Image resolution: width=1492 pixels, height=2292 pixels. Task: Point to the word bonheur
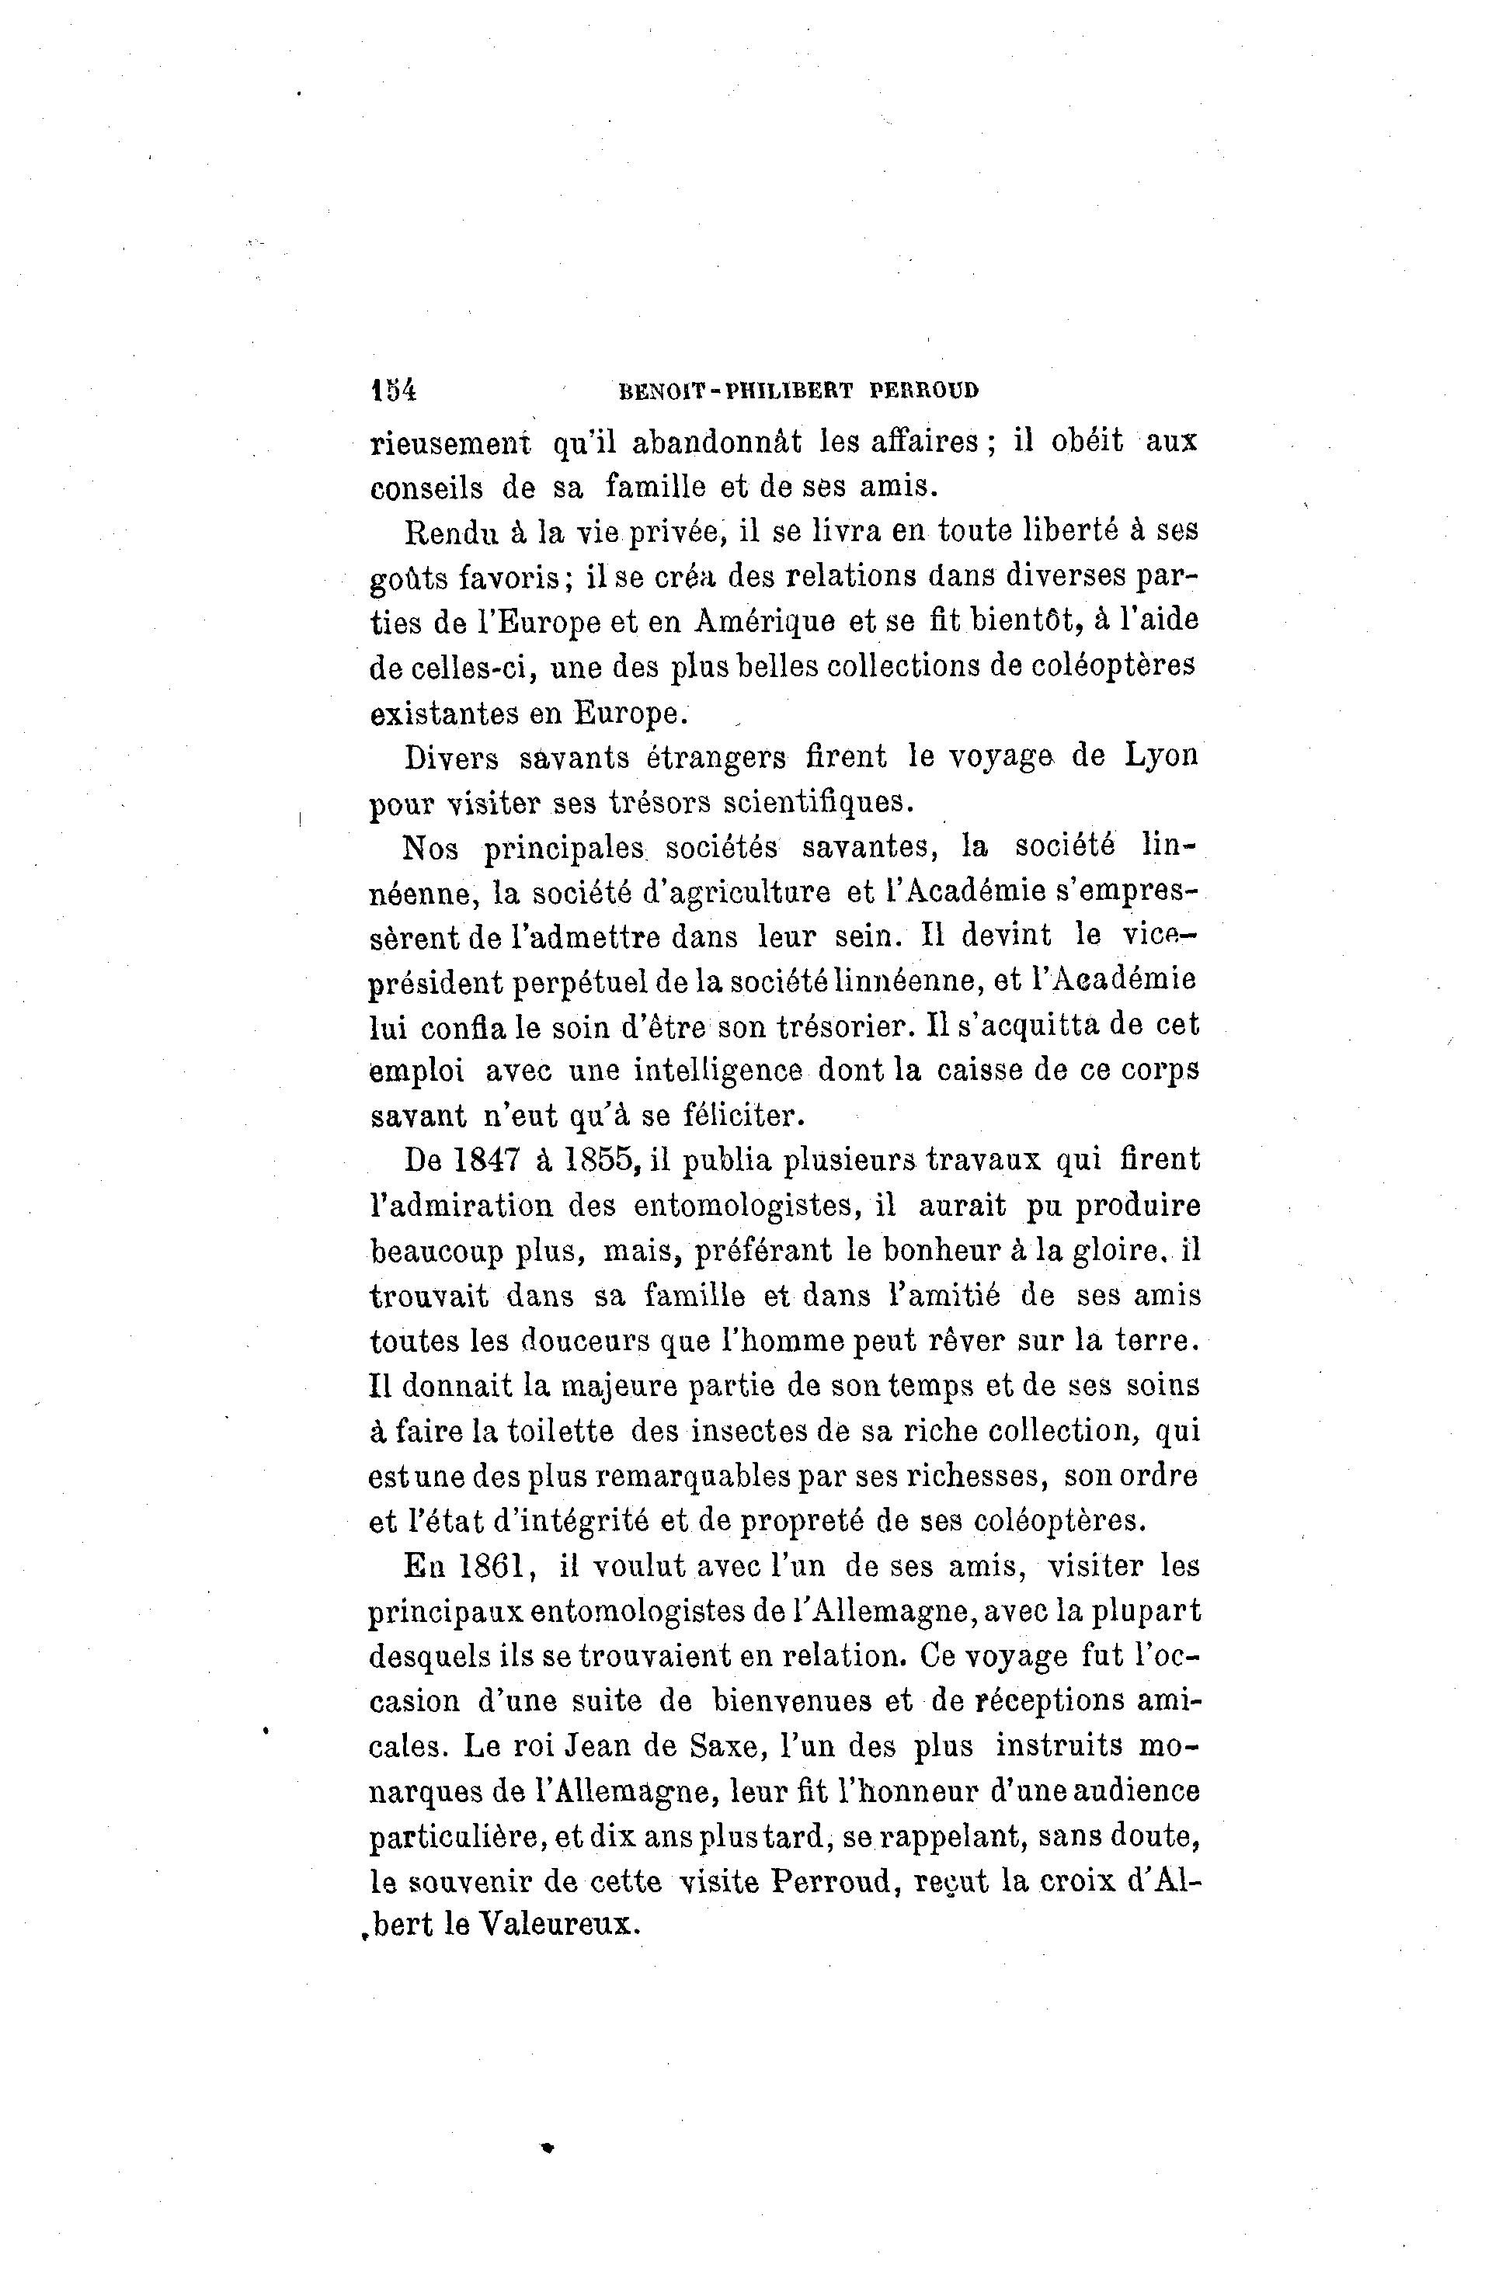[925, 1251]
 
